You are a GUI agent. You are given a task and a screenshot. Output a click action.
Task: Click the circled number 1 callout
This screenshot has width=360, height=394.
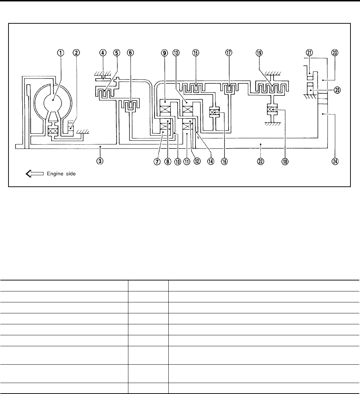61,53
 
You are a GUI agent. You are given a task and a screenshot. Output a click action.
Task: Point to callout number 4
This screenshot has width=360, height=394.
103,53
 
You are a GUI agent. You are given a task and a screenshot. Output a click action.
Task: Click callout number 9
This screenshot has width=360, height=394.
164,53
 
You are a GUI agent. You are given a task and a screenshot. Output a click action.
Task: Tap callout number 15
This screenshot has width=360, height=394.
195,53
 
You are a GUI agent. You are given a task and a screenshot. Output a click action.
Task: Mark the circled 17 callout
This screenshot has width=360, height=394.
229,53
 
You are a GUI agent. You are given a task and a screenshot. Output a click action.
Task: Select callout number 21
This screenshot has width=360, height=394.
309,53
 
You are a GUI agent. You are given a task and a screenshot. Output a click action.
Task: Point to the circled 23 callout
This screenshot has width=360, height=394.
335,53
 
